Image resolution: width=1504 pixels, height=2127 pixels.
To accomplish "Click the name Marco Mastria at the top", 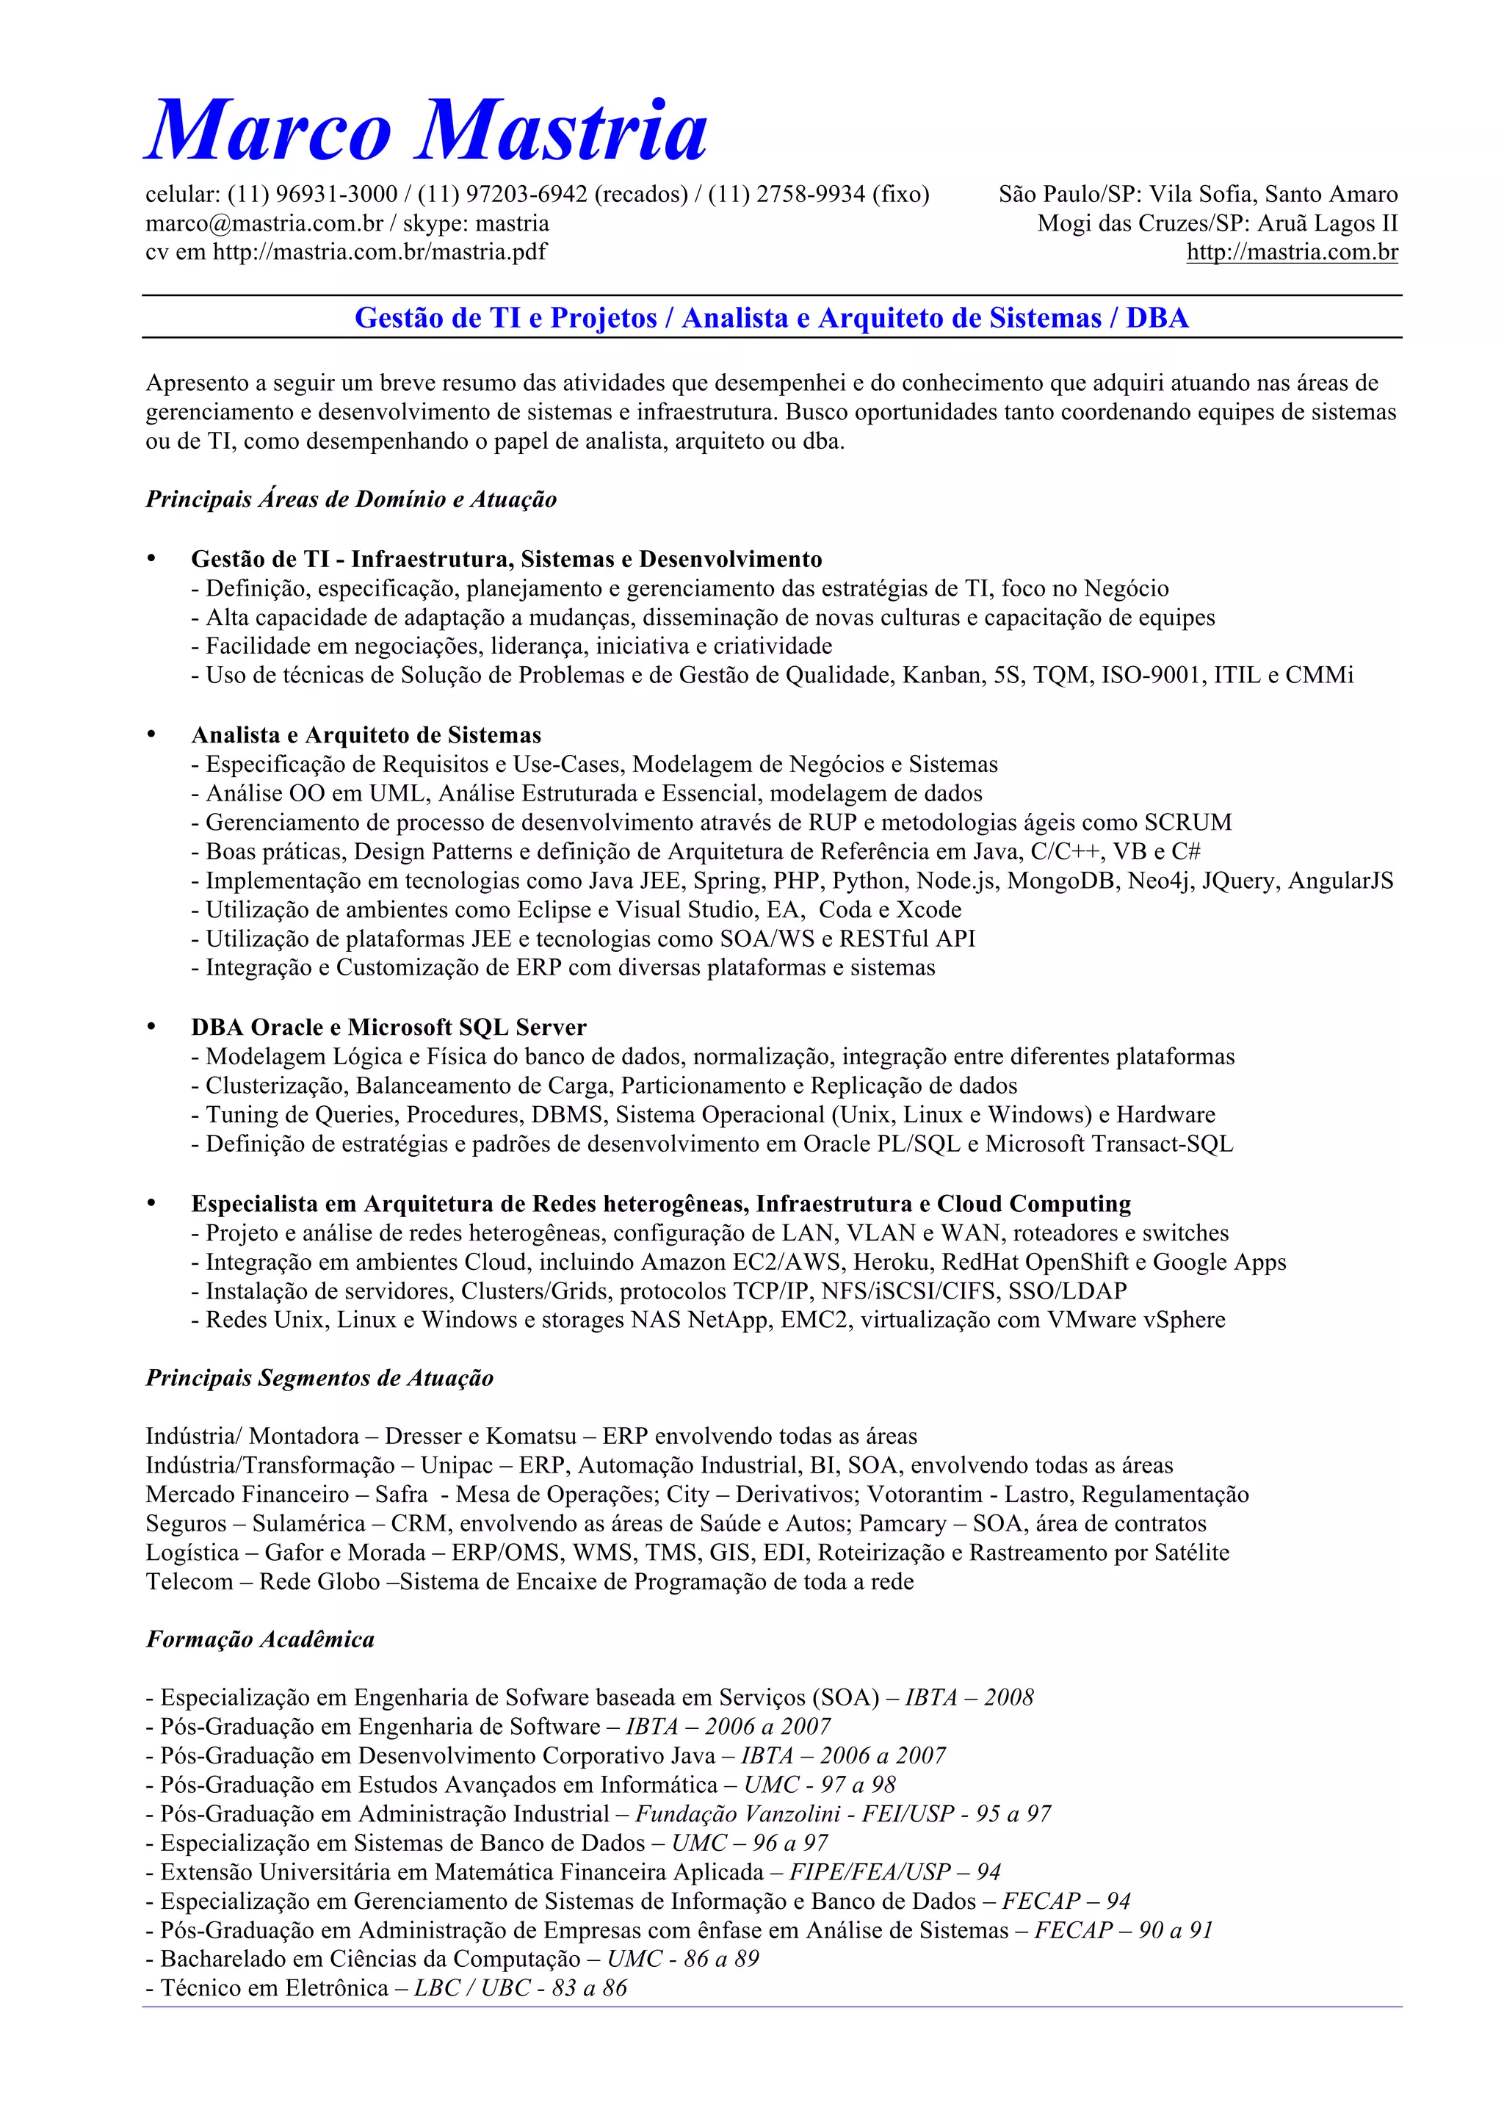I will pyautogui.click(x=427, y=131).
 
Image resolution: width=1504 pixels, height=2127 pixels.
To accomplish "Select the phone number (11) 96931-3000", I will pyautogui.click(x=313, y=195).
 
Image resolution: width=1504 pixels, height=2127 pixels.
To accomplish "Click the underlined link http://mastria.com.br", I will pyautogui.click(x=1292, y=252).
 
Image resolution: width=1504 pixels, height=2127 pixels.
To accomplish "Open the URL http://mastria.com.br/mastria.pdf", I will pyautogui.click(x=380, y=252).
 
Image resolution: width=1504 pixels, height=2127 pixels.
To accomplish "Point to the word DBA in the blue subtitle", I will pyautogui.click(x=1157, y=318).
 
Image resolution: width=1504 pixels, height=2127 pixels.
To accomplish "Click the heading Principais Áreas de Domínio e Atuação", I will pyautogui.click(x=351, y=499).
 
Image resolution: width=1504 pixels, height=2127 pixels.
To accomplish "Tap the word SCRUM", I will pyautogui.click(x=1188, y=823).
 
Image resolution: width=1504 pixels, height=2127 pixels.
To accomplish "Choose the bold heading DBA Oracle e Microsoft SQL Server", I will pyautogui.click(x=389, y=1028).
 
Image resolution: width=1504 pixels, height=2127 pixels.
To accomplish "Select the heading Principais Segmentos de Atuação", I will pyautogui.click(x=319, y=1379).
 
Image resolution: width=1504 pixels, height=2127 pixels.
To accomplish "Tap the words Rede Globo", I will pyautogui.click(x=319, y=1582).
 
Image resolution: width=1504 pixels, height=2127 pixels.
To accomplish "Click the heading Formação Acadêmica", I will pyautogui.click(x=260, y=1640).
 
